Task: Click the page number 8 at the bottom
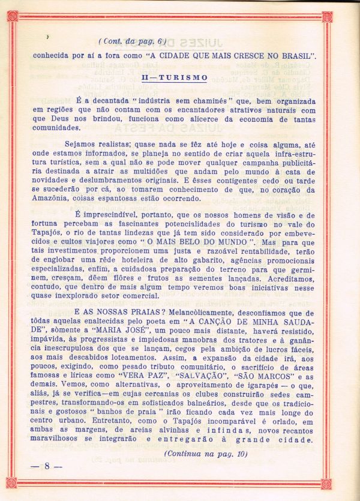[x=46, y=466]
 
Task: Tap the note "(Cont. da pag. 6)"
[x=132, y=41]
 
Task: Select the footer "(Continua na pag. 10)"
[x=205, y=454]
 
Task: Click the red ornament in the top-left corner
[x=12, y=16]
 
